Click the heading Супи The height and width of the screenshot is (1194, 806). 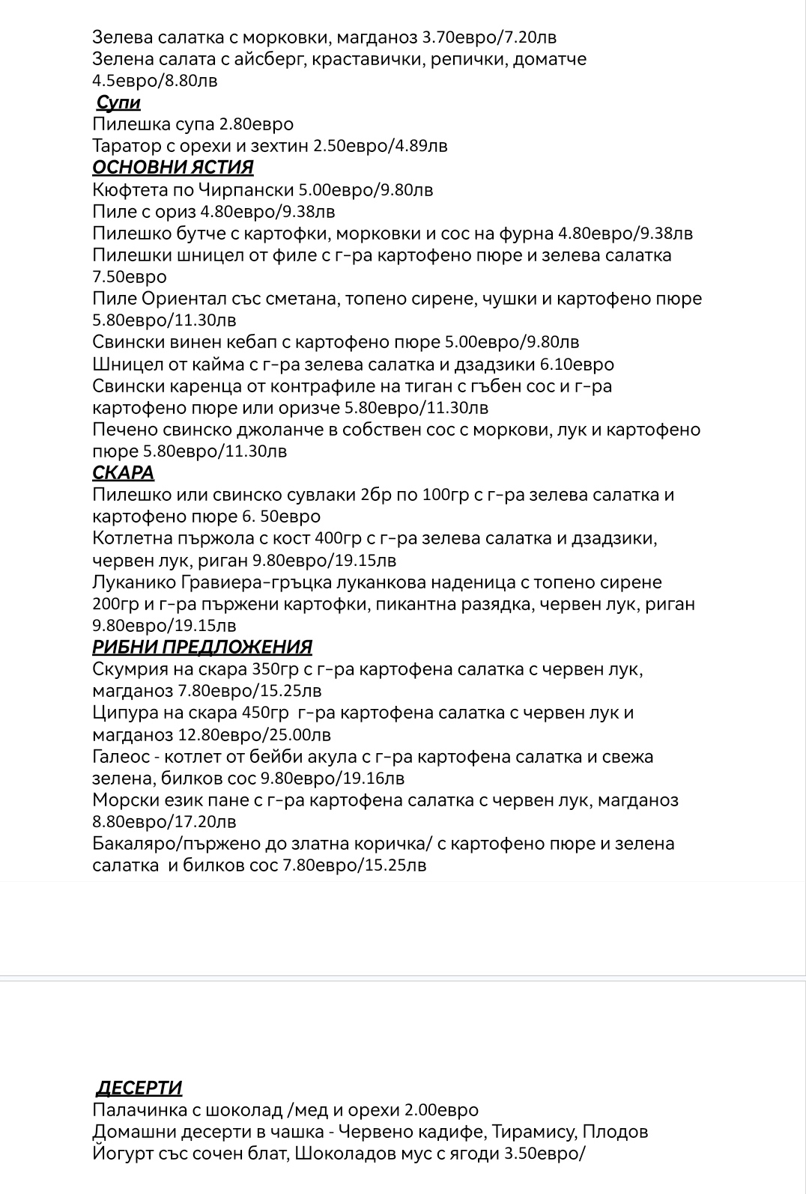tap(118, 103)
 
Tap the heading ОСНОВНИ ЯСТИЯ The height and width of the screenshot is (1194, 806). tap(173, 168)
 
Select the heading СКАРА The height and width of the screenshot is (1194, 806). tap(124, 473)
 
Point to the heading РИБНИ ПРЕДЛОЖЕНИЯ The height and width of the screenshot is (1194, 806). tap(202, 648)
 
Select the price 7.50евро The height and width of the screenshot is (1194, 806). tap(130, 277)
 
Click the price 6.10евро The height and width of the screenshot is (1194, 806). tap(577, 365)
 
